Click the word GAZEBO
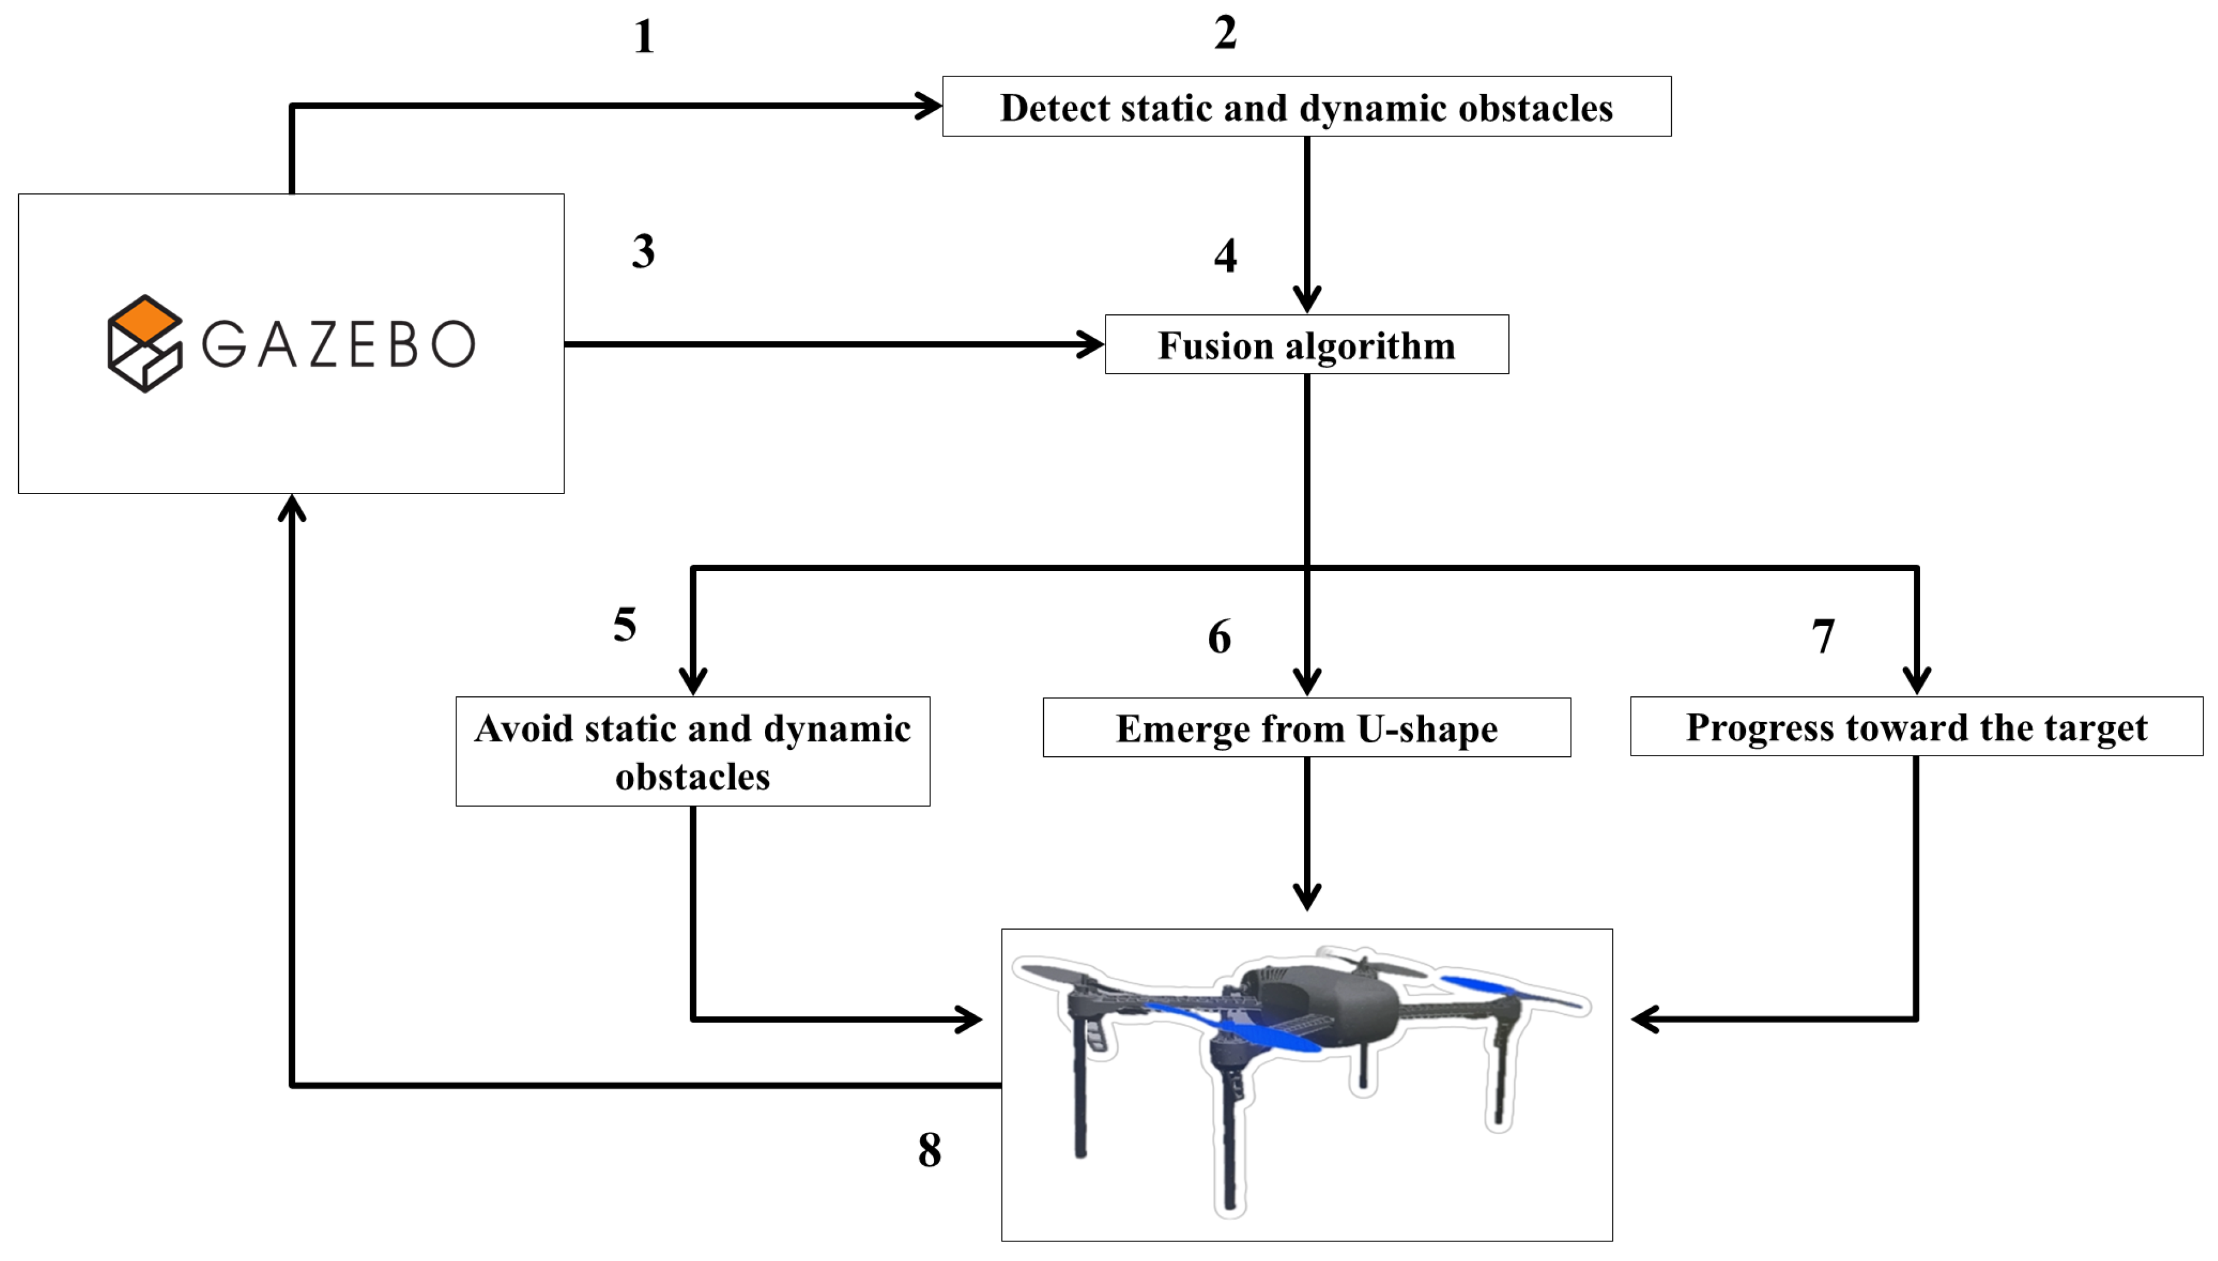(x=338, y=344)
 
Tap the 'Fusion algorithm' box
(x=1306, y=345)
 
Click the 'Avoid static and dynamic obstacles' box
(x=693, y=752)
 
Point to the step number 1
(x=643, y=37)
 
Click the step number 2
(x=1225, y=33)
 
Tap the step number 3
(x=643, y=251)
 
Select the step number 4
(x=1225, y=256)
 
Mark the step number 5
(x=624, y=625)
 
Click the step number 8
(x=929, y=1150)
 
